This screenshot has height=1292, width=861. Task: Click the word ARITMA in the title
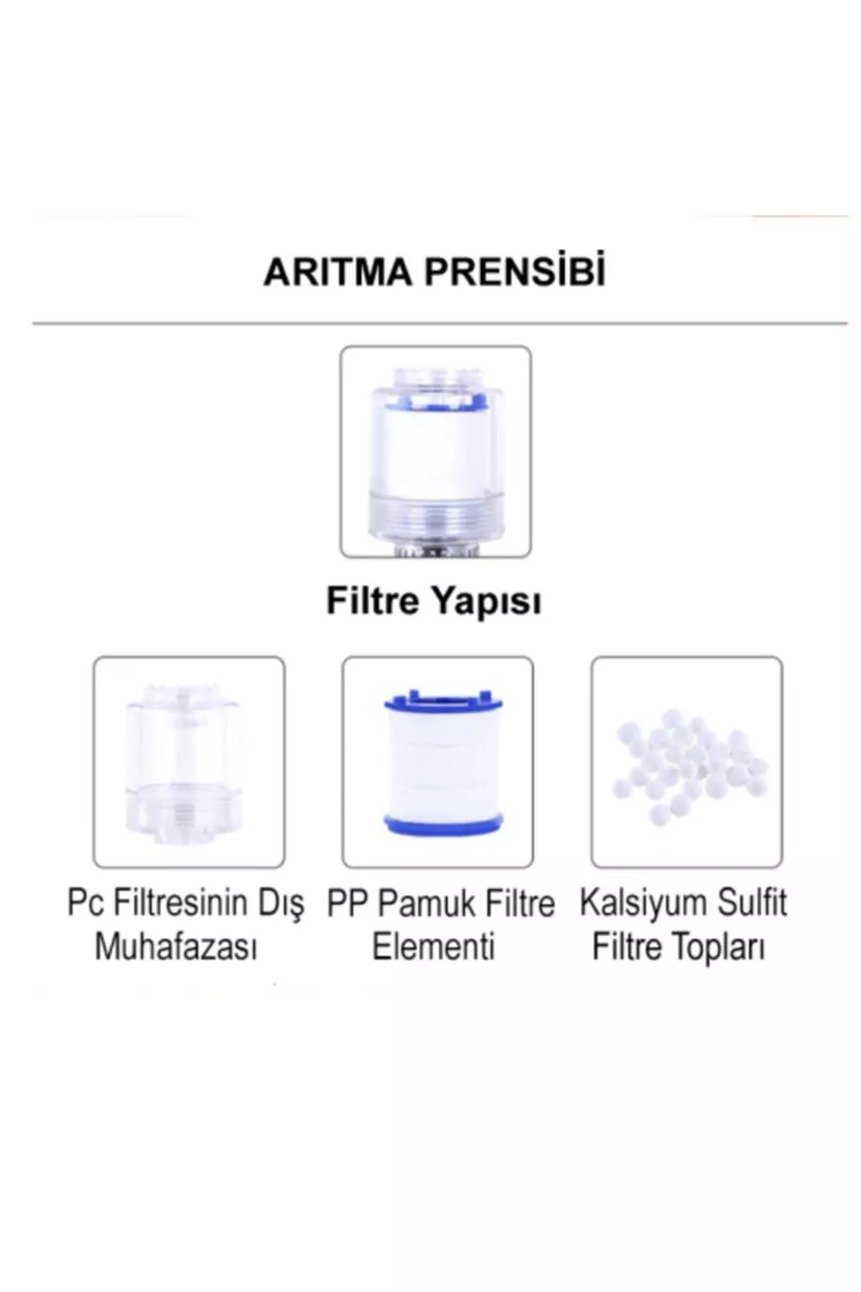point(338,272)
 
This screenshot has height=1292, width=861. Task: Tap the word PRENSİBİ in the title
point(515,270)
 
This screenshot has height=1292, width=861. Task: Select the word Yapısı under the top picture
point(486,603)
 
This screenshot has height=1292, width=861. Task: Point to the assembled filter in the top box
point(435,459)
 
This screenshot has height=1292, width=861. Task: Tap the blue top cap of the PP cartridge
point(443,701)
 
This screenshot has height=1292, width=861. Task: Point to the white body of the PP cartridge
point(443,762)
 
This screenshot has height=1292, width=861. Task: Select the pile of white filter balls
point(690,766)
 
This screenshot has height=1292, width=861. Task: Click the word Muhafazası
point(176,947)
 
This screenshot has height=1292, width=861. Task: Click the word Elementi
point(433,947)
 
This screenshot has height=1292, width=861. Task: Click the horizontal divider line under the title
point(439,323)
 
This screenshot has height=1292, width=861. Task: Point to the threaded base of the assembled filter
point(435,523)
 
